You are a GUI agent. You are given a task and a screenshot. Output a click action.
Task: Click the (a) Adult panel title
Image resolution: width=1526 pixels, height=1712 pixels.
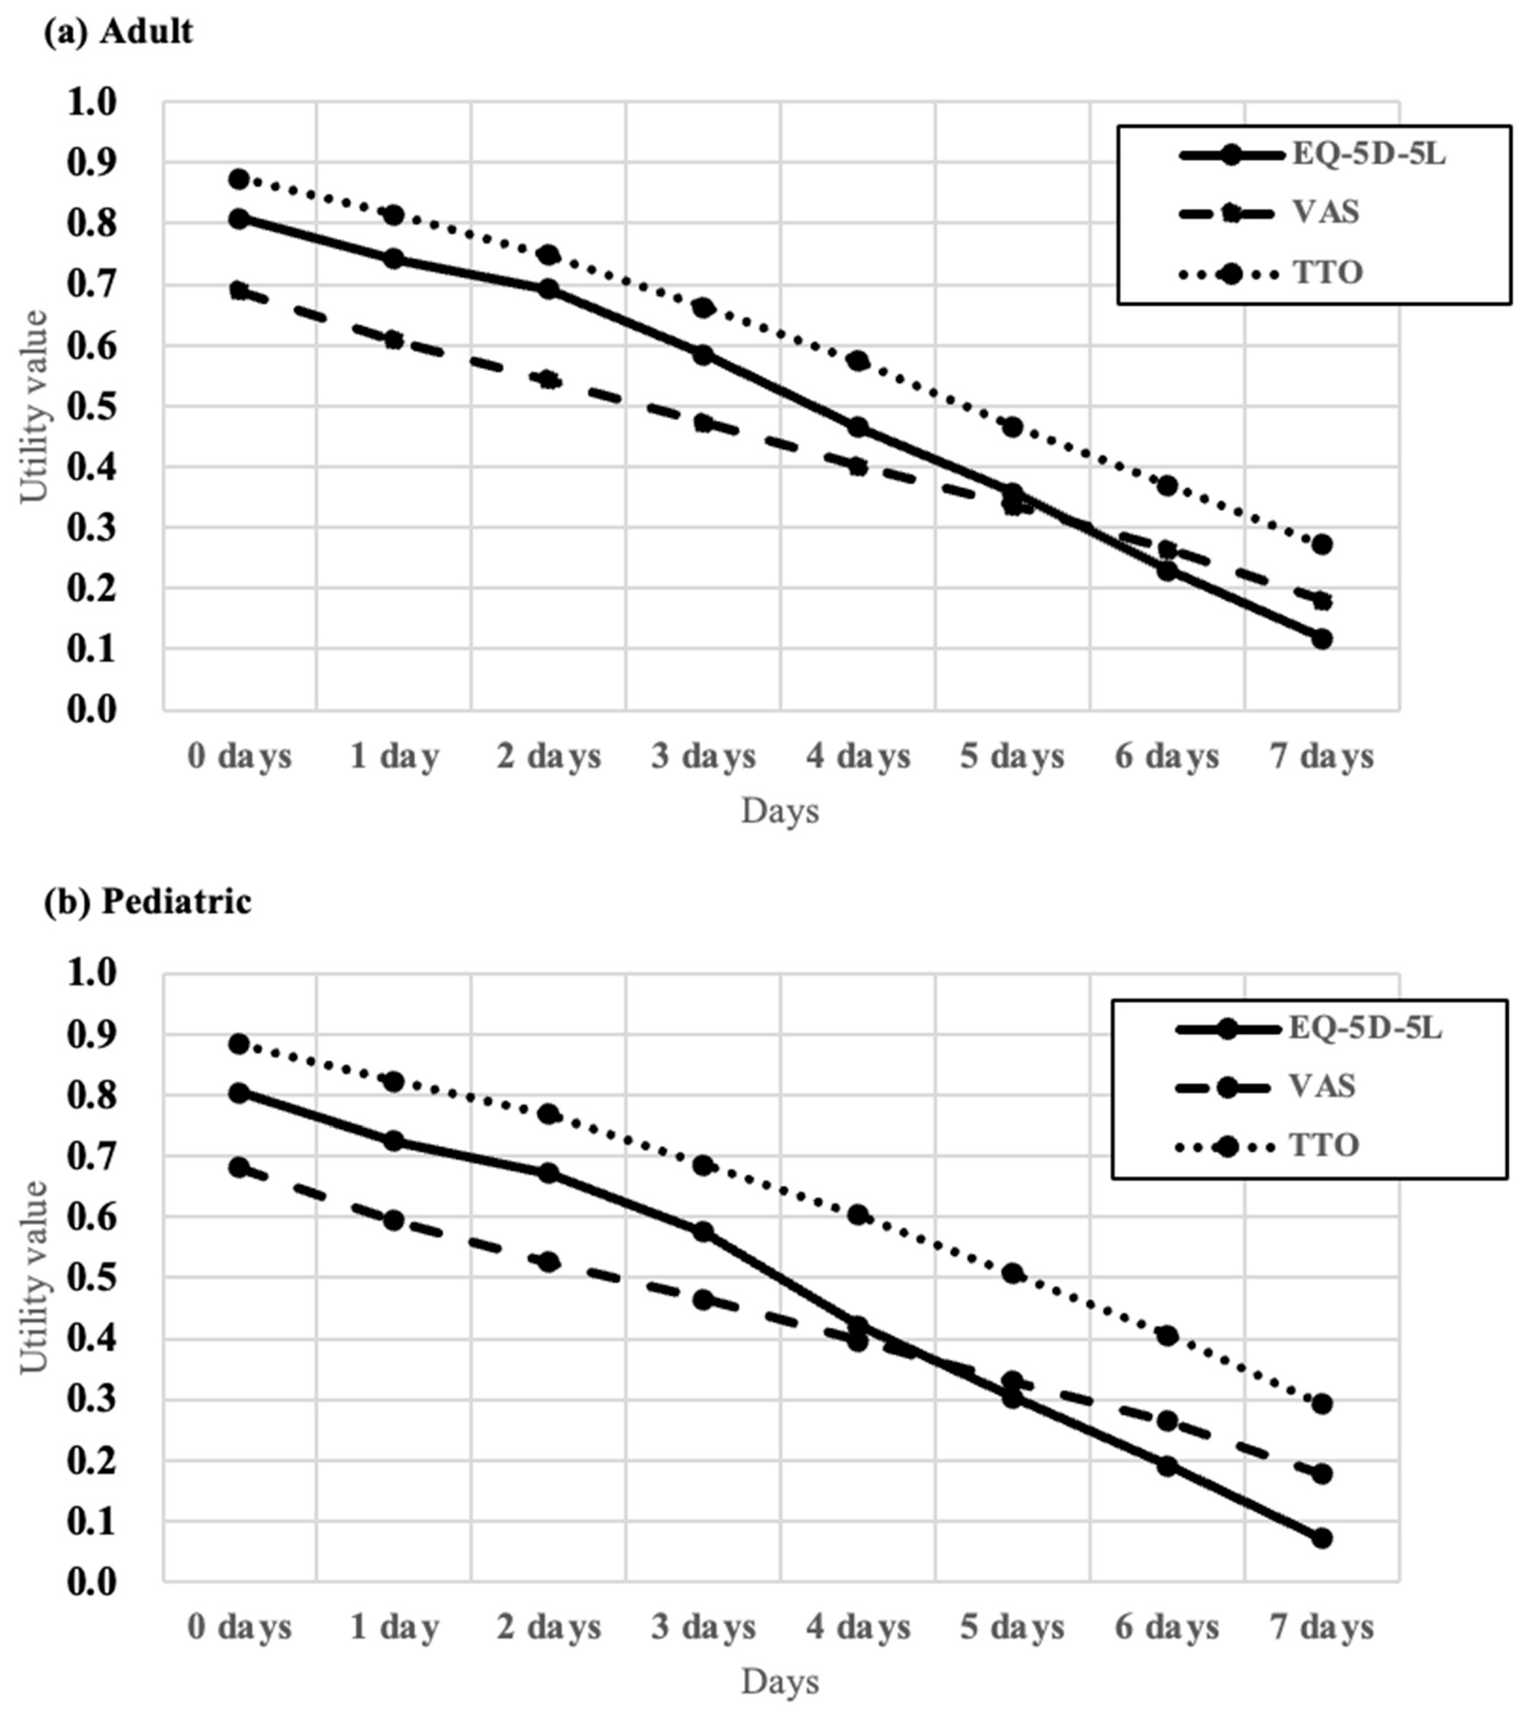118,32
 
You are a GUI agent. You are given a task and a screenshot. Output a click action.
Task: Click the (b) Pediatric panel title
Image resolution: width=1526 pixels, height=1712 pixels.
148,902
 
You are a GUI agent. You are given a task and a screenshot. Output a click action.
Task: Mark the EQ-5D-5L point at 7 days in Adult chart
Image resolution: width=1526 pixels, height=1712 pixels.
1321,639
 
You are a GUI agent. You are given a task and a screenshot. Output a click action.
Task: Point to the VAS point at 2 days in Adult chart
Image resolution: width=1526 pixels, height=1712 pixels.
548,380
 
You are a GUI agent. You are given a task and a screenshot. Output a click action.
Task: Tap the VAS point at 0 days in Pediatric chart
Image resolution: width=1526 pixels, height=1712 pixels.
239,1167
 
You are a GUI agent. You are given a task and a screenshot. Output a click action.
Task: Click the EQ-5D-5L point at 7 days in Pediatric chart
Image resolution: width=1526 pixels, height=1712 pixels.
1321,1539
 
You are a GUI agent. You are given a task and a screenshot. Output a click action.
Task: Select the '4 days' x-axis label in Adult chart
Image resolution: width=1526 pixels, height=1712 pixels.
858,757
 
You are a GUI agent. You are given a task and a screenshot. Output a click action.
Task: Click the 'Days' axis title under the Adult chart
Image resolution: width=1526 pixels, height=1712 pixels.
780,810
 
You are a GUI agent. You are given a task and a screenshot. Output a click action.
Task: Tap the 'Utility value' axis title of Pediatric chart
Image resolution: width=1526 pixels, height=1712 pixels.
34,1276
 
